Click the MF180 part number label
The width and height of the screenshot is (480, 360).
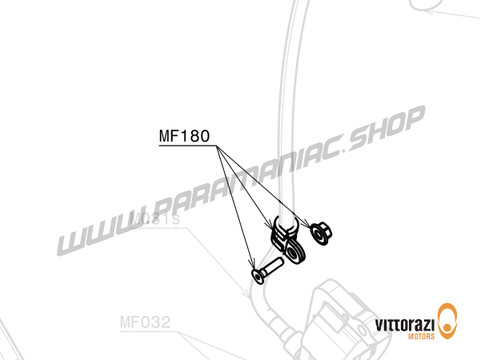point(185,137)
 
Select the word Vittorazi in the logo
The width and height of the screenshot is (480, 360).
point(406,324)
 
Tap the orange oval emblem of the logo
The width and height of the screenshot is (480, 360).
point(451,323)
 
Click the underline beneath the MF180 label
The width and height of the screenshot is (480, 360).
point(185,146)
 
